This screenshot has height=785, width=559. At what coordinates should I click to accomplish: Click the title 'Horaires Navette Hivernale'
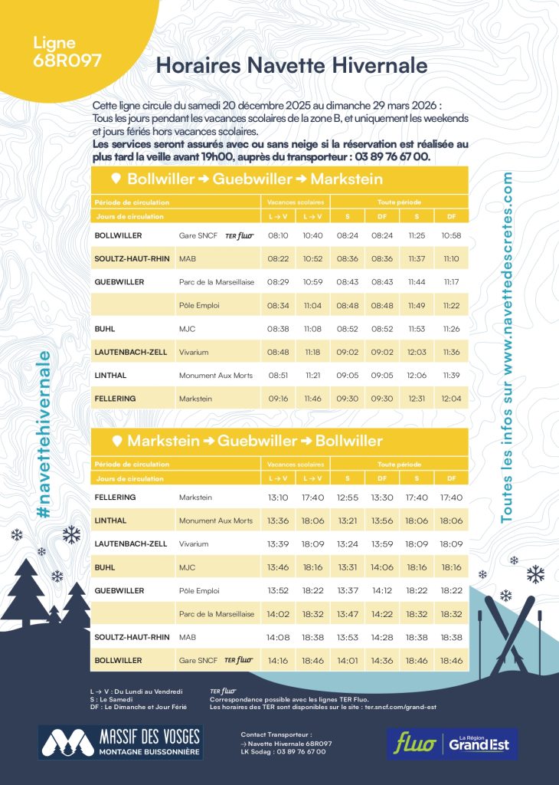291,65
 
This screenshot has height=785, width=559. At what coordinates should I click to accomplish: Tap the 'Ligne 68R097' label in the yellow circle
67,53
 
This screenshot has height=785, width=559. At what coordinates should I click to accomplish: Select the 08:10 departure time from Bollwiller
278,235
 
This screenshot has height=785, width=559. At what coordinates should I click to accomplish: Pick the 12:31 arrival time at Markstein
417,399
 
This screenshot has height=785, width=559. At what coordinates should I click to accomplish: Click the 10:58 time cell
451,235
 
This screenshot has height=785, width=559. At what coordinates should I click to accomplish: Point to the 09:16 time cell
278,399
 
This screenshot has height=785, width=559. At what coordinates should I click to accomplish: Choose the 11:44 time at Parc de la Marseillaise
417,282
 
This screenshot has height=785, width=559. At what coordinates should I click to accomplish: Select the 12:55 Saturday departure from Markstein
347,498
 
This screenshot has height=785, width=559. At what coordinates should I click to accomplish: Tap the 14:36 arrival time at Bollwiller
382,660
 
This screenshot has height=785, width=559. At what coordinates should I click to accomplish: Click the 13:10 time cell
278,498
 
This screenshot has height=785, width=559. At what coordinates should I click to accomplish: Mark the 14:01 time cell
347,660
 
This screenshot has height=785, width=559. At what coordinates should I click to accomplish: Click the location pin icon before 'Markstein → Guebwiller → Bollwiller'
116,441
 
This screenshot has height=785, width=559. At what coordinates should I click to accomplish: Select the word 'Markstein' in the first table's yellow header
347,179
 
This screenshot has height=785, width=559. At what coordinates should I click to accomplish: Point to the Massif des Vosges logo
120,742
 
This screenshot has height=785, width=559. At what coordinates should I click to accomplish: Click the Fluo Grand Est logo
453,743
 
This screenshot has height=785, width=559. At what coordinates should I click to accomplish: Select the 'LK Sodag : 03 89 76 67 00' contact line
283,751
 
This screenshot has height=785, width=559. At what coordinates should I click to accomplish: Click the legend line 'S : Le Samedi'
111,699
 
